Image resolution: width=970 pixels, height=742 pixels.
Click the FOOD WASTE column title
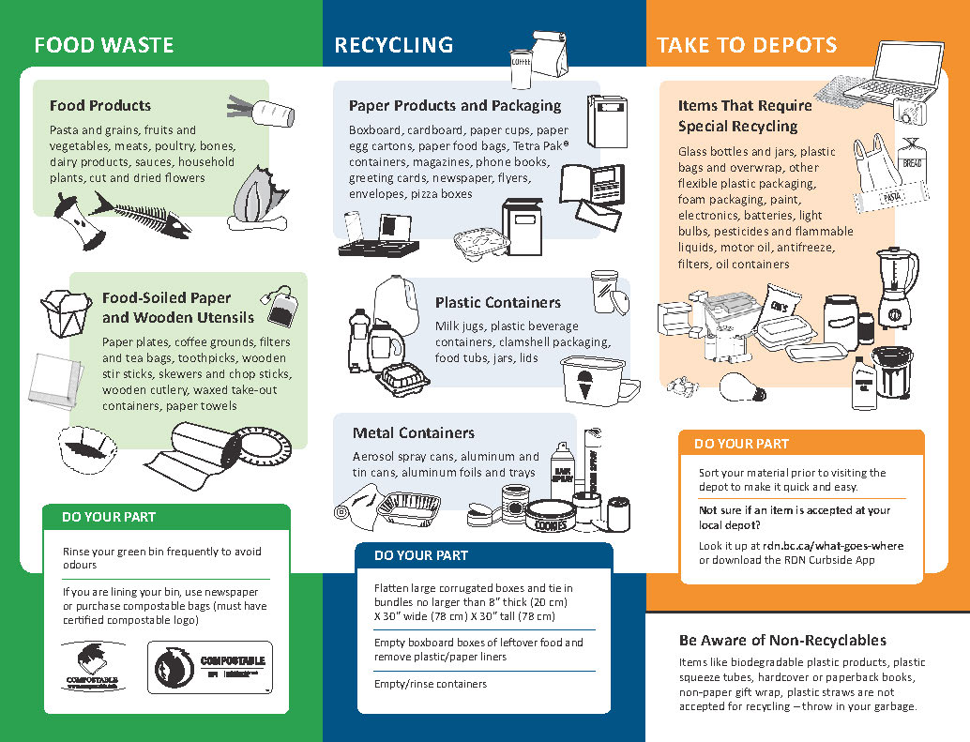(103, 45)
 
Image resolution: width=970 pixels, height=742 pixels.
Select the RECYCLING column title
(393, 45)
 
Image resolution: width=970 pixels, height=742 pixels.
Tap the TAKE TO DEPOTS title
(747, 45)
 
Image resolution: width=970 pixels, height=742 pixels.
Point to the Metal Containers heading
(413, 433)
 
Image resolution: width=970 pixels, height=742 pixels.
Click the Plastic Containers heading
(497, 303)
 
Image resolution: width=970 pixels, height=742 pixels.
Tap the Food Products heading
(100, 106)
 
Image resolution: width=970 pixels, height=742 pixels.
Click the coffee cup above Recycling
(522, 69)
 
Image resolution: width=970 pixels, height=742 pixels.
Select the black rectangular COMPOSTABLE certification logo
(211, 667)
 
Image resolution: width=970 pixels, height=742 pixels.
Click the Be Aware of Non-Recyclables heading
(782, 641)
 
